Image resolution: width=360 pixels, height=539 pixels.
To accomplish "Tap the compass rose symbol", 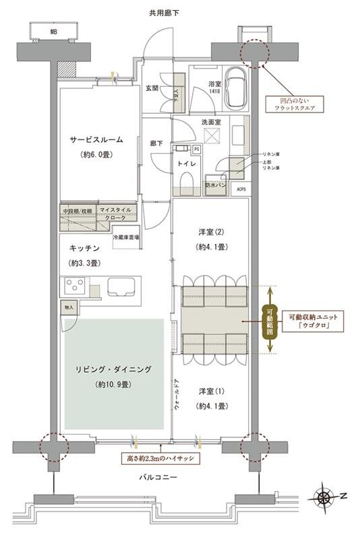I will click(x=324, y=497).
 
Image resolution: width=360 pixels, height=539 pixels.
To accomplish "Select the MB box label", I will click(x=53, y=31).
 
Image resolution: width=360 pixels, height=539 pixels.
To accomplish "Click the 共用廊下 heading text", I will click(x=164, y=13).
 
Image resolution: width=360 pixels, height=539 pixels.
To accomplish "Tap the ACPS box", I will click(x=241, y=189).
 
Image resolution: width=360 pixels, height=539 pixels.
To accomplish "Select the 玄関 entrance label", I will click(x=152, y=88).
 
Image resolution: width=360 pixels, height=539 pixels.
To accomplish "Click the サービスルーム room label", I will click(x=96, y=140).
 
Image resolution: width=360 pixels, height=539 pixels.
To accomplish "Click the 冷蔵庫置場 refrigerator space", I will click(x=126, y=236).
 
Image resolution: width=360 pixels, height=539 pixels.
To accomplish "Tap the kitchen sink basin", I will click(x=121, y=286).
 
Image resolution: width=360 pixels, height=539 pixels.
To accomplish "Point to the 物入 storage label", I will click(x=69, y=307).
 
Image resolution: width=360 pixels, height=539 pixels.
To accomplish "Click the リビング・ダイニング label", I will click(x=113, y=369).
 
